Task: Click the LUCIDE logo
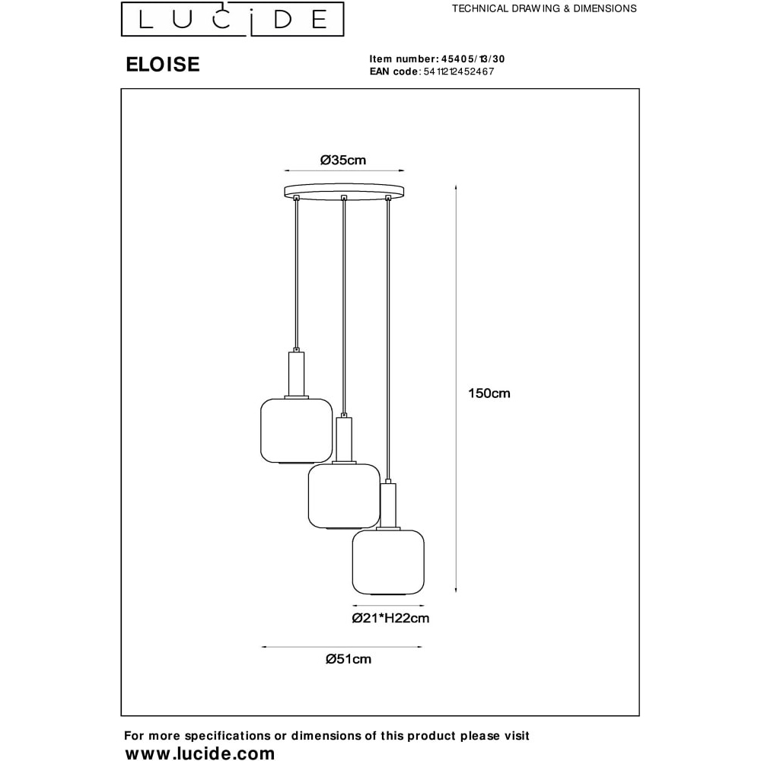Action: (x=232, y=19)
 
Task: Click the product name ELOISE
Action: (x=163, y=65)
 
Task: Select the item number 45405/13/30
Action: (x=473, y=59)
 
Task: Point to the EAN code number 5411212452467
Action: (x=459, y=72)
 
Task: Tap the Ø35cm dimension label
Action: (x=343, y=160)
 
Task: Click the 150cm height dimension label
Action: (x=489, y=393)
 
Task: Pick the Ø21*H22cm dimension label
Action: (x=390, y=618)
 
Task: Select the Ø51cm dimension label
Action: (x=349, y=659)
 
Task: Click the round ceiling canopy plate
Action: (x=344, y=191)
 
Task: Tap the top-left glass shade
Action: (x=297, y=431)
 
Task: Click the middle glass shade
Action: (x=344, y=496)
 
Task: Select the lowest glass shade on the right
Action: (x=388, y=562)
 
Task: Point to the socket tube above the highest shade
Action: (x=297, y=374)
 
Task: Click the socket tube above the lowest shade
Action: (x=388, y=505)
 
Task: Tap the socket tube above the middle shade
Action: (x=344, y=439)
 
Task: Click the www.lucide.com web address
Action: (x=199, y=753)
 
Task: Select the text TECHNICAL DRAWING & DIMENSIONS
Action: (x=544, y=8)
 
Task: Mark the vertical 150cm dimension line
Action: (x=456, y=388)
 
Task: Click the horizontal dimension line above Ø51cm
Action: (x=342, y=647)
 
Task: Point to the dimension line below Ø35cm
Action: (x=344, y=170)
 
